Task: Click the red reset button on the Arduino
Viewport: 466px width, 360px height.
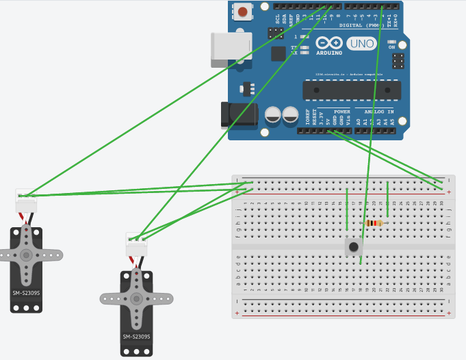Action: point(242,11)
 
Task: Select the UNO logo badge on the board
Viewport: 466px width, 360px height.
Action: point(361,44)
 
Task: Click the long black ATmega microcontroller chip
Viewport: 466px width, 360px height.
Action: point(352,90)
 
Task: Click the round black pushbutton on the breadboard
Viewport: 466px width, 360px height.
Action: point(353,246)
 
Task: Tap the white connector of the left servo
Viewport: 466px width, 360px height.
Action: point(26,201)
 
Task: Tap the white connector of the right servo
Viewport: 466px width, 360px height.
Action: point(136,244)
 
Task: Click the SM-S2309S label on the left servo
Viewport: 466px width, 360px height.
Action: point(26,293)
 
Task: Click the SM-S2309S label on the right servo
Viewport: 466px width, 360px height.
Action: point(136,336)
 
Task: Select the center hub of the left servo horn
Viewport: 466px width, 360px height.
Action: point(26,255)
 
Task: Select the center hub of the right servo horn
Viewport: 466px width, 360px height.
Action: point(136,298)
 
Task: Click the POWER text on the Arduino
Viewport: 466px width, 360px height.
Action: point(341,112)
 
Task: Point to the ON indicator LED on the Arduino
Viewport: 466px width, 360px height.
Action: point(391,42)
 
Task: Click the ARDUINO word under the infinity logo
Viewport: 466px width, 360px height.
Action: point(328,52)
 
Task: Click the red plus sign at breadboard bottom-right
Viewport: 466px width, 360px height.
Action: point(448,313)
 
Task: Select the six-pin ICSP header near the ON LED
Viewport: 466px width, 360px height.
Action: point(398,62)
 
